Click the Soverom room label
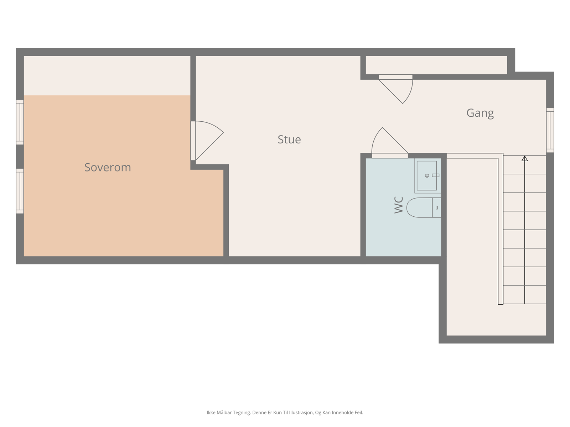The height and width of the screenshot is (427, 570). [x=108, y=167]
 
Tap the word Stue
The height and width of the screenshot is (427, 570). [x=289, y=139]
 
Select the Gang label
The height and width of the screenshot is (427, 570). [x=480, y=113]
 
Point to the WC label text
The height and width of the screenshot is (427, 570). [x=399, y=205]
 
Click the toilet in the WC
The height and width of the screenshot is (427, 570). [x=420, y=207]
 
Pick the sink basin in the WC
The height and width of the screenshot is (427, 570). [x=427, y=175]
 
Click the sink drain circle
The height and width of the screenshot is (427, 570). [x=427, y=175]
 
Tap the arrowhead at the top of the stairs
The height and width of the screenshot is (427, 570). [x=524, y=158]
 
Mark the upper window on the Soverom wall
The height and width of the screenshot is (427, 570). [x=20, y=122]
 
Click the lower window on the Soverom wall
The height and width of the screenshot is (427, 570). [x=20, y=191]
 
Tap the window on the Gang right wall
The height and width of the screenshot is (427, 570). [x=550, y=130]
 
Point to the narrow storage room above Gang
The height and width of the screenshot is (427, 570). [x=436, y=65]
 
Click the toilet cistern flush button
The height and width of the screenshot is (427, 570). [x=436, y=207]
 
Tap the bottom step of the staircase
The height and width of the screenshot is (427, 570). [x=524, y=295]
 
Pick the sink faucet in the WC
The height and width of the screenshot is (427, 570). [x=435, y=175]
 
